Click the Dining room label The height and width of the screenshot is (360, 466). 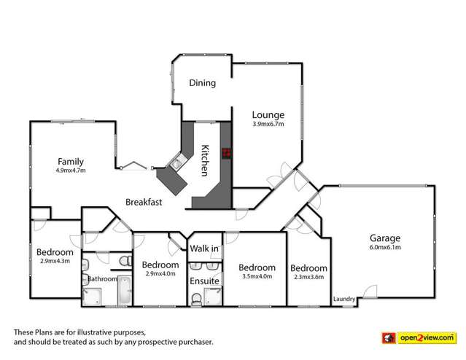pos(203,83)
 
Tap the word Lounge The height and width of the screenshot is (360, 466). pos(268,114)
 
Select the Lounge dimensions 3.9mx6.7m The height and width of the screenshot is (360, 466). pos(268,125)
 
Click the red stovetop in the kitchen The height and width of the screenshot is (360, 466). pos(226,152)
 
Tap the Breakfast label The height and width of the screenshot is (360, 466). pos(144,202)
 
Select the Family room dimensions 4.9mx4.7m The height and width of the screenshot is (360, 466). pos(71,171)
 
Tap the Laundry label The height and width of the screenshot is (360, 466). pos(344,299)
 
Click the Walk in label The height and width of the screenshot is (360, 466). pos(204,249)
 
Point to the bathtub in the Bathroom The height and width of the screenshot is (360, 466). pos(123,291)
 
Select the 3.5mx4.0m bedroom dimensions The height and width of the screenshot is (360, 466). pos(257,277)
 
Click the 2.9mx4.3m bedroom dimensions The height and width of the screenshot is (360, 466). pos(55,262)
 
